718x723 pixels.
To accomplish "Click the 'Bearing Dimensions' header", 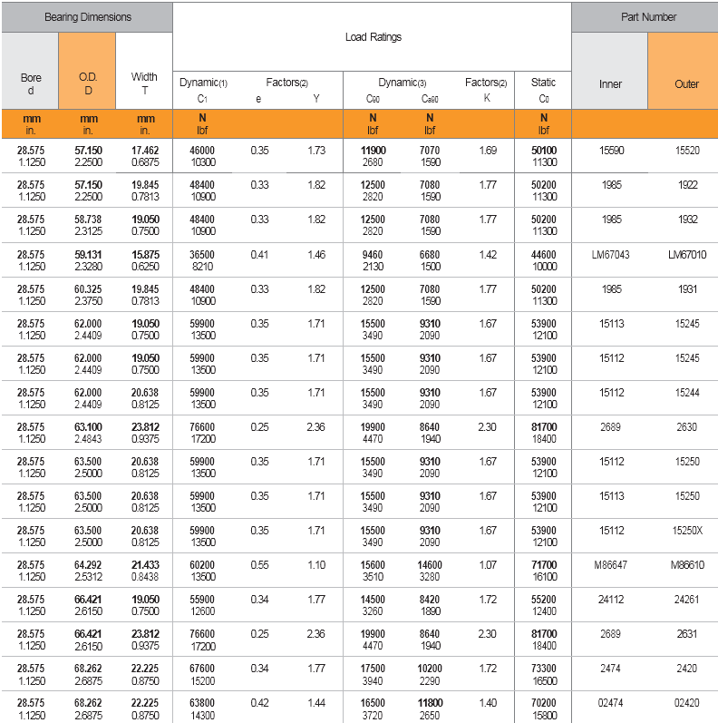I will coord(87,17).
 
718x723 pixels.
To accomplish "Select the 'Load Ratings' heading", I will coord(373,37).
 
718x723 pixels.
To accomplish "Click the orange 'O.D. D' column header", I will coord(88,83).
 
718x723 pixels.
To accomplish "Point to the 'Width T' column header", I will coord(144,83).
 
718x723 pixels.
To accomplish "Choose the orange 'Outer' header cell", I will coord(686,84).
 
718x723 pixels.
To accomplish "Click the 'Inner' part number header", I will coord(610,84).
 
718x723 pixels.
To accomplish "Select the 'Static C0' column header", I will coord(543,89).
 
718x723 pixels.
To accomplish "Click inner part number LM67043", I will coord(610,255).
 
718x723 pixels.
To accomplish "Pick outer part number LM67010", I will coord(686,255).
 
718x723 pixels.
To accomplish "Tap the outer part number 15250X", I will coord(686,531).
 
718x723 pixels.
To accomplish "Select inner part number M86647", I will coord(610,565).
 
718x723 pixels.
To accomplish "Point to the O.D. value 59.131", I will coord(88,255).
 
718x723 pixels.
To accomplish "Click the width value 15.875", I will coord(144,255).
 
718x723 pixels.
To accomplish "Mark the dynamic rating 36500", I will coord(202,255).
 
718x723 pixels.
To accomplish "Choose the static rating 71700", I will coord(544,564).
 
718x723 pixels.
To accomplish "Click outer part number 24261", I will coord(686,600).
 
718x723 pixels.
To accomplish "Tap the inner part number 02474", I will coord(610,703).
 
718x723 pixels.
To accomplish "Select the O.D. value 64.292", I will coord(88,564).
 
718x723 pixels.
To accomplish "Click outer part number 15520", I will coord(686,151).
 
